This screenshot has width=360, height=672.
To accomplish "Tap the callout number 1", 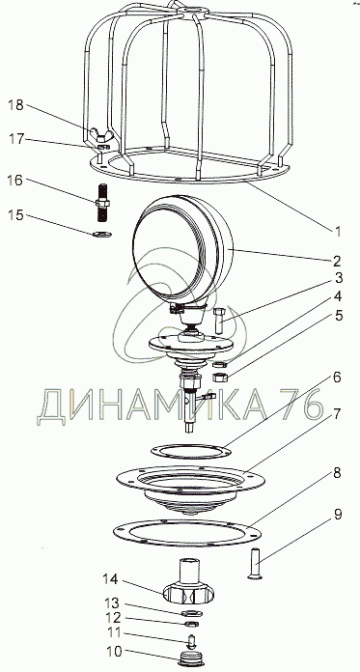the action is pyautogui.click(x=338, y=232).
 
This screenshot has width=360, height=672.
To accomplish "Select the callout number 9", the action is pyautogui.click(x=338, y=515).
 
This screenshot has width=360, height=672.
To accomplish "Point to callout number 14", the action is pyautogui.click(x=111, y=579).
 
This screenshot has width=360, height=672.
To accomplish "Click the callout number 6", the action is pyautogui.click(x=337, y=378).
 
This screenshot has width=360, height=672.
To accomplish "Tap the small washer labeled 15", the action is pyautogui.click(x=101, y=234).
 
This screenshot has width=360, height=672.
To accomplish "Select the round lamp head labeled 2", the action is pyautogui.click(x=182, y=248).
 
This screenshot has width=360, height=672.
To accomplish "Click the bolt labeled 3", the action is pyautogui.click(x=218, y=322).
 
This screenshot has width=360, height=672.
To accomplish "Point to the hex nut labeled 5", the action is pyautogui.click(x=220, y=378).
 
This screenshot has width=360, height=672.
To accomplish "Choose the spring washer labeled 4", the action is pyautogui.click(x=220, y=364).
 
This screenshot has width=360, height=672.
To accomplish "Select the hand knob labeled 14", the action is pyautogui.click(x=189, y=585).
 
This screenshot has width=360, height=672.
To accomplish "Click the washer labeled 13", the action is pyautogui.click(x=192, y=613).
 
